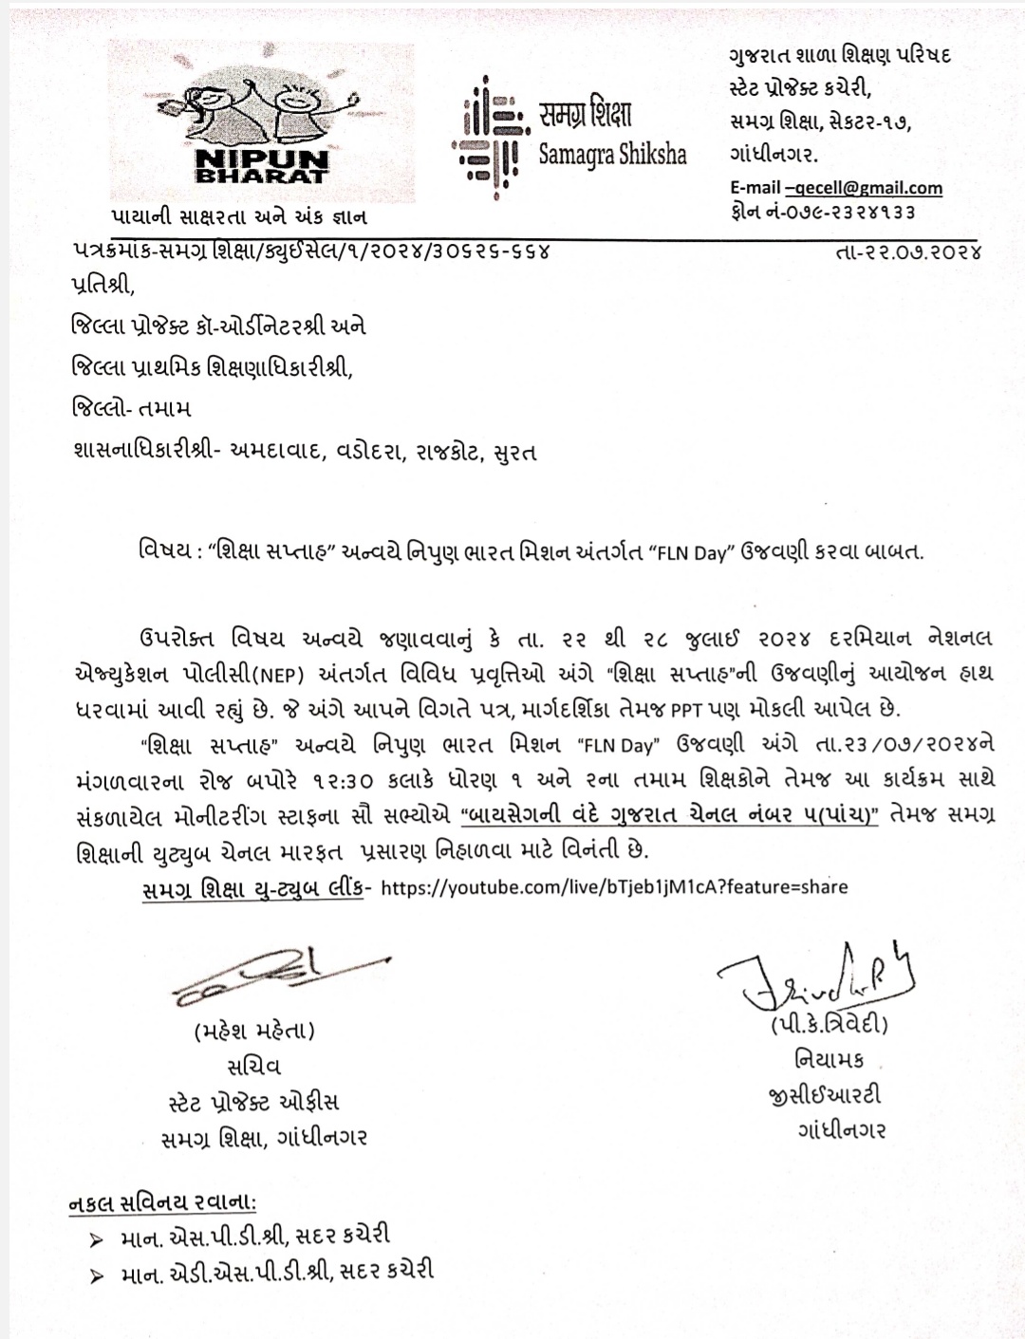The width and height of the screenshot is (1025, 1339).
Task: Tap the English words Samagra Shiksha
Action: pyautogui.click(x=612, y=154)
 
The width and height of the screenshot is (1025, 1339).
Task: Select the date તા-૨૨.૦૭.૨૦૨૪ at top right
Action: pyautogui.click(x=908, y=252)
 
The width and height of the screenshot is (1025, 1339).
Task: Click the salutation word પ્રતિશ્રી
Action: pyautogui.click(x=97, y=284)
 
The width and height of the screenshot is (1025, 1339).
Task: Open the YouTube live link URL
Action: pyautogui.click(x=613, y=886)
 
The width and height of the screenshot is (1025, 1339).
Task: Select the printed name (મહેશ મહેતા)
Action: pyautogui.click(x=254, y=1031)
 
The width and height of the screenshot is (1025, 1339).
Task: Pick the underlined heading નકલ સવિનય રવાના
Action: pyautogui.click(x=162, y=1203)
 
